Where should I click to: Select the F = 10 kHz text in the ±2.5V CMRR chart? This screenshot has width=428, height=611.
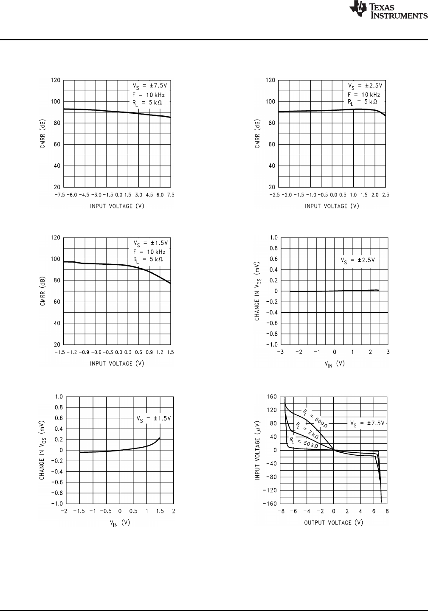pos(364,95)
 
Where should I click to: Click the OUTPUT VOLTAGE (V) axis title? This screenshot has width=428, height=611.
pos(333,522)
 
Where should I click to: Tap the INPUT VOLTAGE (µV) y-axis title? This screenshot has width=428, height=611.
pos(258,450)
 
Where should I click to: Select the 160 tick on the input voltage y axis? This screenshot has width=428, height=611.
pos(271,397)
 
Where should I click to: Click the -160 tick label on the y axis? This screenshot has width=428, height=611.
pos(270,504)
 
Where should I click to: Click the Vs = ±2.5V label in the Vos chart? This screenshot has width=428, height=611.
pos(358,261)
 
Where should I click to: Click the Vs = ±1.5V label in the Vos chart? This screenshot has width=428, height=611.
pos(154,419)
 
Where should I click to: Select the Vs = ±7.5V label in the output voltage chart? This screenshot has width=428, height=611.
pos(367,423)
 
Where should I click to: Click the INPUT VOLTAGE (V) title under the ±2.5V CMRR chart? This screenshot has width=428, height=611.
pos(332,206)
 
